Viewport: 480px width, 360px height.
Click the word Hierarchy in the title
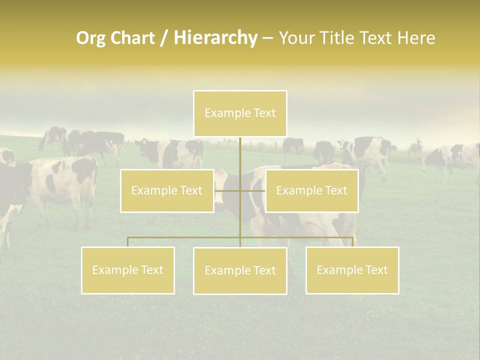[x=215, y=38]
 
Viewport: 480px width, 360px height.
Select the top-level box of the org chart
[x=240, y=113]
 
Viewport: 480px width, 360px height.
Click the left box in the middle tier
[x=167, y=190]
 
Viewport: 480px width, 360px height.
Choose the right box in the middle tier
[x=311, y=190]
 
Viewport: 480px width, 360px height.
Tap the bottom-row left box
[x=128, y=270]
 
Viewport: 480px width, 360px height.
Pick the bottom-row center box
[x=240, y=270]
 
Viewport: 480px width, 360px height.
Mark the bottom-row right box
[x=352, y=270]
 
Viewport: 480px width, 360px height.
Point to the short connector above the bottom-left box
[x=128, y=242]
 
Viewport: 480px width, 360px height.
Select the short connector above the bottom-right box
[x=352, y=242]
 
